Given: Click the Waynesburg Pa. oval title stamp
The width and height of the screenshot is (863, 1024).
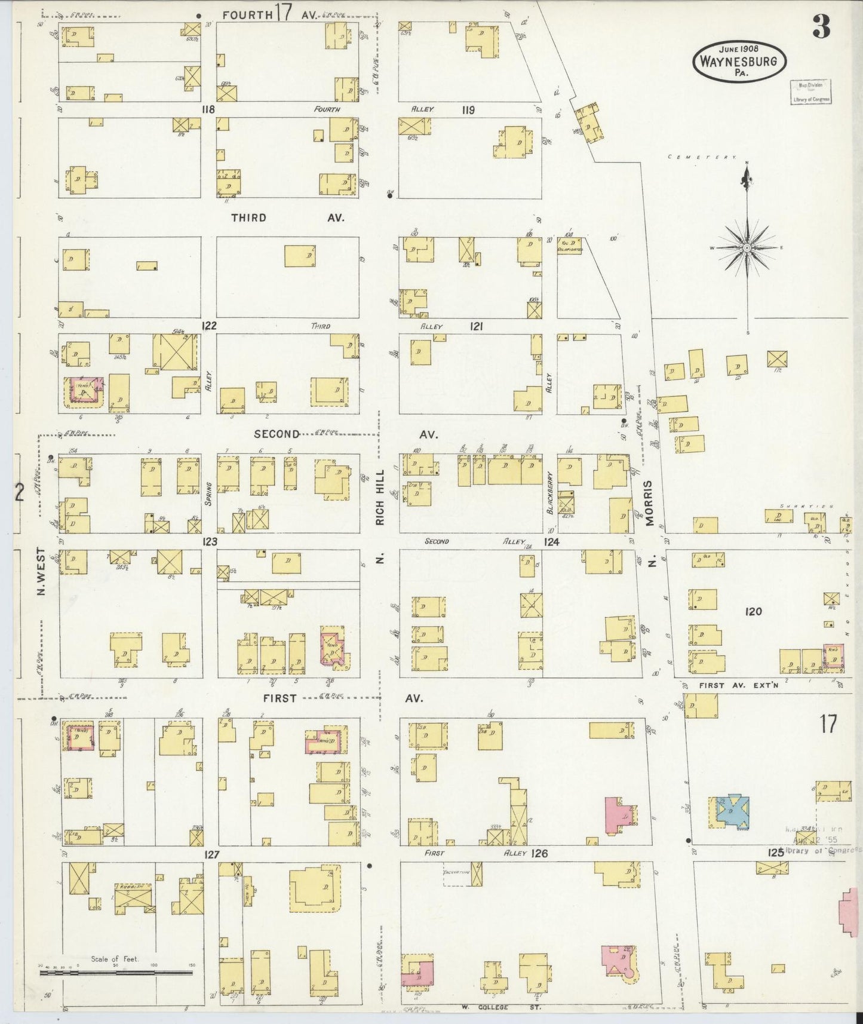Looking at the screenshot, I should pos(739,62).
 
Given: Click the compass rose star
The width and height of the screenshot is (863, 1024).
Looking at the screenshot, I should pos(747,247).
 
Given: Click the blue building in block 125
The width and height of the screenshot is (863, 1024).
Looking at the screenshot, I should pos(733,812).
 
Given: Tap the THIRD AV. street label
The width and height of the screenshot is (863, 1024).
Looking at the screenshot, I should pos(287,217).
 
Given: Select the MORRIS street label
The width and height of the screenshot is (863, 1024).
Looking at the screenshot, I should pos(650,503).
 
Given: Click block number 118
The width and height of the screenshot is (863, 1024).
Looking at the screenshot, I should pos(208,110).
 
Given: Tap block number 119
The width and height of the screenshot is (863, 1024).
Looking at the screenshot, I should pos(468,110).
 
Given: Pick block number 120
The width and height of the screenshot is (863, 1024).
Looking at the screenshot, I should pos(754,611).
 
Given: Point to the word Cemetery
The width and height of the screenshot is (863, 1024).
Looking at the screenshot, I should pos(702,157).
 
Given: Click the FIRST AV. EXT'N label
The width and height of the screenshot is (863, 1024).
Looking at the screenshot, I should pos(739,685).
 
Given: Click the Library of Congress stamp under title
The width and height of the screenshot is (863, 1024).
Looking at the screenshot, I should pos(810,92).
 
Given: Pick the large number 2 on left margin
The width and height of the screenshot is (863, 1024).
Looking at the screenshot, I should pos(20,492).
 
